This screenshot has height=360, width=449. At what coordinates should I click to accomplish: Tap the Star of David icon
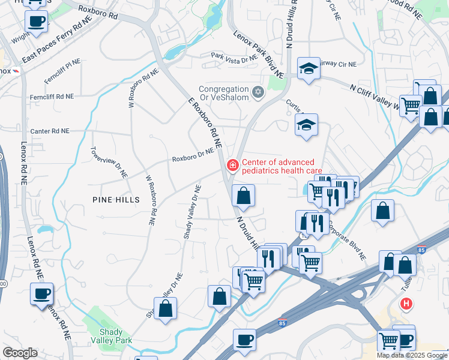[x=259, y=92]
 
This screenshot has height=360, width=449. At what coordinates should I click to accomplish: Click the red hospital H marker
[x=407, y=304]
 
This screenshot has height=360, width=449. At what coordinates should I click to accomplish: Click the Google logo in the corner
[x=20, y=353]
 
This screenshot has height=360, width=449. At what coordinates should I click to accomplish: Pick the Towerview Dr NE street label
[x=109, y=161]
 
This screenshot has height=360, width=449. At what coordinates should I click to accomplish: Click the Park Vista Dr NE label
[x=234, y=56]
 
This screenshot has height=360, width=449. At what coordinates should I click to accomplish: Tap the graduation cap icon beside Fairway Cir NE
[x=309, y=68]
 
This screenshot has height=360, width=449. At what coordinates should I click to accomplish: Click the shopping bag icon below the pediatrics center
[x=243, y=195]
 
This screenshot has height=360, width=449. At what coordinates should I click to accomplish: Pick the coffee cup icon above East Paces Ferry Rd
[x=36, y=22]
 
